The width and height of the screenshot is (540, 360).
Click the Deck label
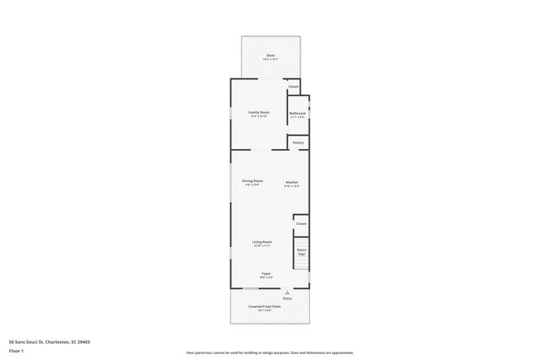point(270,56)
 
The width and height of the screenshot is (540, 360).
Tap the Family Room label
point(258,112)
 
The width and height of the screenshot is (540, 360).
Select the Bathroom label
point(298,112)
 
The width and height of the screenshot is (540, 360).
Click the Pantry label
point(298,142)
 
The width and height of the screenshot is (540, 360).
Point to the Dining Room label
point(252,180)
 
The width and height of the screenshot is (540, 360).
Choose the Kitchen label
point(291,182)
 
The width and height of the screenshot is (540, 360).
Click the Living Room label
point(262,242)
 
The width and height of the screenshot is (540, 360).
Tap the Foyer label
point(266,273)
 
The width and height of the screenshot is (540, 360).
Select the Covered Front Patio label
point(264,306)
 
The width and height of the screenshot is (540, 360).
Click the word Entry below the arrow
point(287,298)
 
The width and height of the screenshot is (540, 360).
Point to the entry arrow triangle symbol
point(287,292)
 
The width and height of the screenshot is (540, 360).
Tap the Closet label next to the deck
point(294,87)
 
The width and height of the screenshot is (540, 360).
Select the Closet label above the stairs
point(301,223)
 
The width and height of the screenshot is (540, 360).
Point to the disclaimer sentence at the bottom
point(269,352)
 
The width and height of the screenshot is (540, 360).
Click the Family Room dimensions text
point(258,116)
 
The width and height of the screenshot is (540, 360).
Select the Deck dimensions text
point(270,60)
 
